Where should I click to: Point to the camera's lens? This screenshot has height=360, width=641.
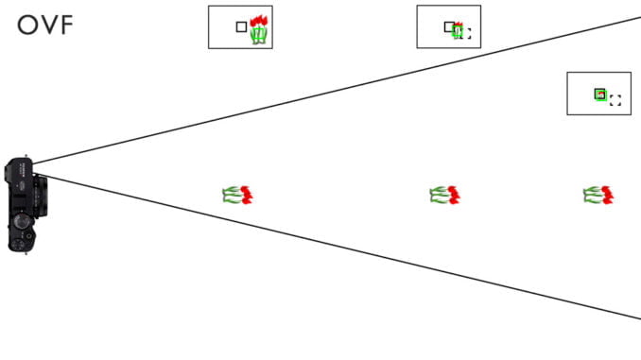point(41,194)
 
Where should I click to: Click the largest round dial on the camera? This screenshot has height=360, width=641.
point(21,221)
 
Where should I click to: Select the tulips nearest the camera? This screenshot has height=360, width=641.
point(238,195)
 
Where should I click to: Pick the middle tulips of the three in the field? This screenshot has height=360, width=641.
point(444,195)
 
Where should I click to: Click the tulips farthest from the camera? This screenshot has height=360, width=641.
point(598,195)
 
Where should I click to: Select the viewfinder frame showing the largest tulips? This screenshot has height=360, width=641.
point(240,26)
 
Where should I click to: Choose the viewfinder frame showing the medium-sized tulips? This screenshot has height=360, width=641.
point(448,26)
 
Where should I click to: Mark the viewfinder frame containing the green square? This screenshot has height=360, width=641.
point(598,94)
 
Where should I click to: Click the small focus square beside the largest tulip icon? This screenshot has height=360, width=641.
point(241,27)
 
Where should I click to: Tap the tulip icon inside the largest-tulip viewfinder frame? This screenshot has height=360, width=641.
point(259,30)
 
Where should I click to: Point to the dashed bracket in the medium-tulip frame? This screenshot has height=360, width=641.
point(465,34)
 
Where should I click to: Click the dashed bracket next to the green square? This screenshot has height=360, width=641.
point(615,100)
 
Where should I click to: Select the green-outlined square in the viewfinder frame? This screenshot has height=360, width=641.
point(599,94)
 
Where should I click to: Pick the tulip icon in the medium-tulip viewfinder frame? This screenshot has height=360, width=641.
point(459,30)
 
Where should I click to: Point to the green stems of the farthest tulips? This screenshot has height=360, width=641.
point(592,196)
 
